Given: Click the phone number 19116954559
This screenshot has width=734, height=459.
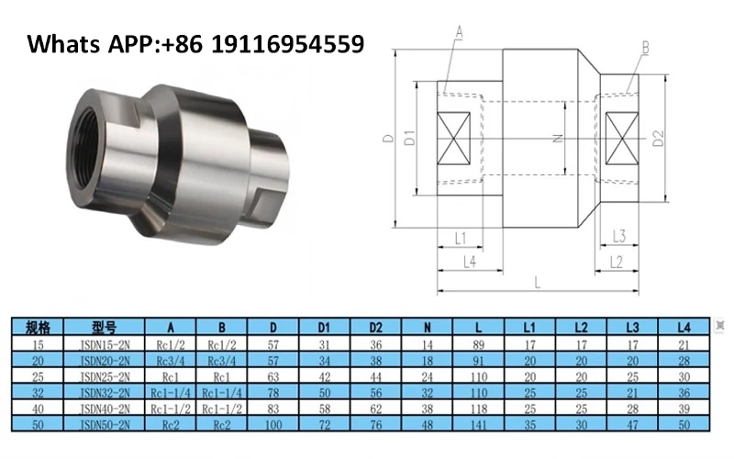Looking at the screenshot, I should pos(288,43).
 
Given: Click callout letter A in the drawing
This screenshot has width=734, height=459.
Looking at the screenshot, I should pos(459,32).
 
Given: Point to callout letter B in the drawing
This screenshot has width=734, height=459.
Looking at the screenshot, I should pos(646,45).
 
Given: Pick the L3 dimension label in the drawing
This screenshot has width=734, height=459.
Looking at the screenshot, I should pos(618,237).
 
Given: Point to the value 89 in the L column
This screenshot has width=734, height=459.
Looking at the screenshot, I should pos(478,344).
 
